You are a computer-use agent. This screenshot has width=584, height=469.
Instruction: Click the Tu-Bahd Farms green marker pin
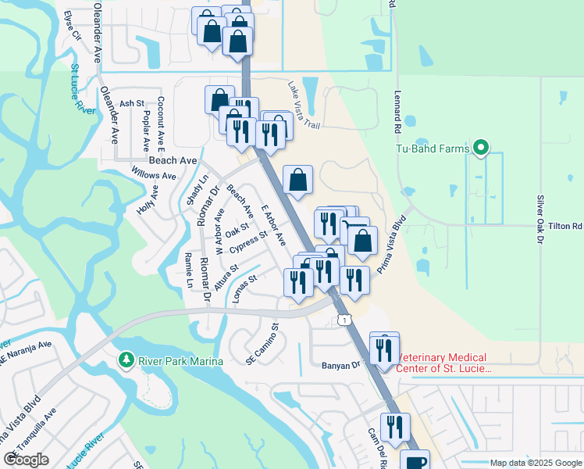point(482,148)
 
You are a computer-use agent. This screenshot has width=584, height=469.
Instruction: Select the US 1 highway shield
point(343,319)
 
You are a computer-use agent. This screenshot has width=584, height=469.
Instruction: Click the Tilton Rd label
point(566,226)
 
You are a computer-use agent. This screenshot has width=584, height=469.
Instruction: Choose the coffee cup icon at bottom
point(415,461)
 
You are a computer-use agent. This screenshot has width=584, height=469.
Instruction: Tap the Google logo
point(27,459)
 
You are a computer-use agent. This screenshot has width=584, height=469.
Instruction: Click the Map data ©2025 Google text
point(535,463)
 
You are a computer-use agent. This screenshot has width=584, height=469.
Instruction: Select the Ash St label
point(132,103)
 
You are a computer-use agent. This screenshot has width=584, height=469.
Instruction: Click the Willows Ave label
point(153,175)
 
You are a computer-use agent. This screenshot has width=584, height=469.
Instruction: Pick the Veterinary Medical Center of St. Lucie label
point(442,363)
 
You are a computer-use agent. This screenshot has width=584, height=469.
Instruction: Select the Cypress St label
point(249,242)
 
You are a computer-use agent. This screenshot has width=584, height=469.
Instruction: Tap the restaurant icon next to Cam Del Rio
point(396,427)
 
